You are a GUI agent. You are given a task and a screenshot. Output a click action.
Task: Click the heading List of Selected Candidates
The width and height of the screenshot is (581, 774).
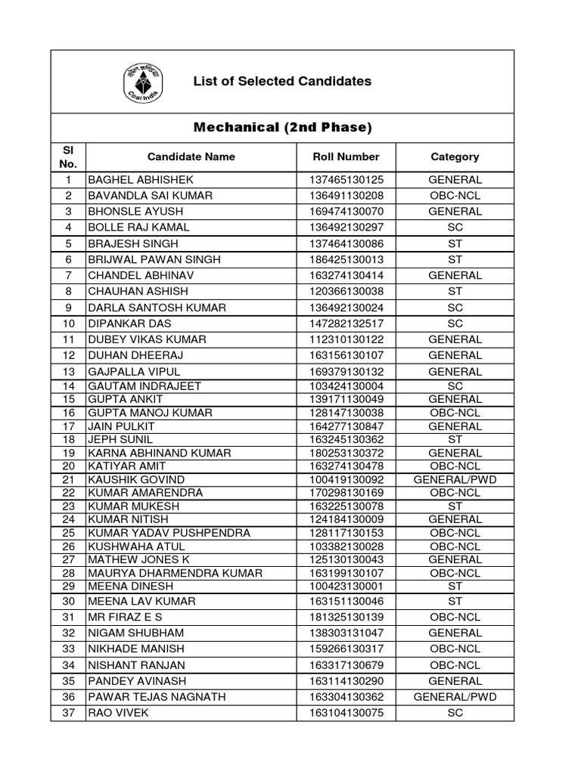(x=282, y=81)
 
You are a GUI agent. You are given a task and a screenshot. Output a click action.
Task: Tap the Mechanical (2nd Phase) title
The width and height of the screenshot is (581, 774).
(x=282, y=128)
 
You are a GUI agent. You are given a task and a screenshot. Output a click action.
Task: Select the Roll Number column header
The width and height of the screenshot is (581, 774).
(x=346, y=156)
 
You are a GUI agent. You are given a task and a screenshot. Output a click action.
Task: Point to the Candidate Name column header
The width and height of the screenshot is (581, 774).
(x=191, y=156)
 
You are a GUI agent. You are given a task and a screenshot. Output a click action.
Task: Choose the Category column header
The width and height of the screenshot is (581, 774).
(x=455, y=156)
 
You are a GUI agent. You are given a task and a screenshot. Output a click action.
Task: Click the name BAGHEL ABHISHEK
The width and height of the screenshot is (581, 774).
(x=141, y=180)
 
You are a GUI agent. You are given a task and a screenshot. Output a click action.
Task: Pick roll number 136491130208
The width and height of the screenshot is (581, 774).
(x=346, y=196)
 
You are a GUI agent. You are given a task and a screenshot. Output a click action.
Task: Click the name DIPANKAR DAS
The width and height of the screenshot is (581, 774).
(x=127, y=324)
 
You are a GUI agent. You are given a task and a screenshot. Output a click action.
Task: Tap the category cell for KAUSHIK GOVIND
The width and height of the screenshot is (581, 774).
(x=455, y=479)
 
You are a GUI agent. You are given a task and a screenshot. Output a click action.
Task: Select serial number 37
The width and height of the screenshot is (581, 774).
(x=68, y=713)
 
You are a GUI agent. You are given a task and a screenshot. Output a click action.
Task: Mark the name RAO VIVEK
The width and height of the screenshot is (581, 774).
(x=117, y=713)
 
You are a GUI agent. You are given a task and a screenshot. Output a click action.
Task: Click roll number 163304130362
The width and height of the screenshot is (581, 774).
(x=346, y=697)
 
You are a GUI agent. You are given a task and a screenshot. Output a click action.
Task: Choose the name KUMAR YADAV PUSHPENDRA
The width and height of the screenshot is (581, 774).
(x=169, y=533)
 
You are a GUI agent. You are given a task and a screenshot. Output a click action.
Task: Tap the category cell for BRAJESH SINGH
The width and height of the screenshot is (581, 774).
(x=455, y=244)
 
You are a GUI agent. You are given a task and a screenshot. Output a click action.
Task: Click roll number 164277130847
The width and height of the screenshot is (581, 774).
(x=346, y=426)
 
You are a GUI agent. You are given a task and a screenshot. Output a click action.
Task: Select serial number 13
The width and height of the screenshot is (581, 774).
(x=68, y=371)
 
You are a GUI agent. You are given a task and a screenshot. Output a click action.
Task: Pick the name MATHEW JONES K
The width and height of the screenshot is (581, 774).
(x=138, y=559)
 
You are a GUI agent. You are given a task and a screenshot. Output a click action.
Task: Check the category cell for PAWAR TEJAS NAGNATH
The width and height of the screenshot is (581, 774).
(x=455, y=697)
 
